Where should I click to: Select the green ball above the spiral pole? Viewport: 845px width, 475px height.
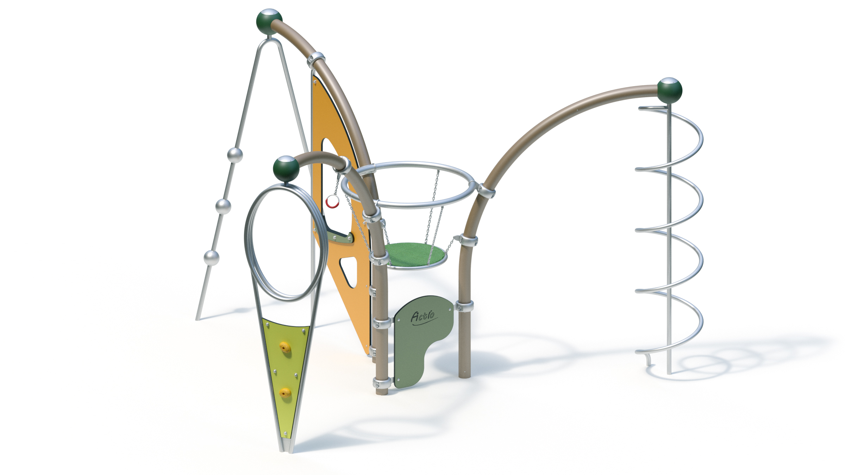coord(669,90)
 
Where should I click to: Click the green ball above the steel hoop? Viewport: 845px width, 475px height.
coord(286,169)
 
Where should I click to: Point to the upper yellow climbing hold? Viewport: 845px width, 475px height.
coord(285,347)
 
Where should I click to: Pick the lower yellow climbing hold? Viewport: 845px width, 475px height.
coord(285,392)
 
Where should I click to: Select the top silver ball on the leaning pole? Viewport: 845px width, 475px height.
coord(235,155)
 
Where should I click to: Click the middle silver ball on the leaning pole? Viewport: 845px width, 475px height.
coord(223,206)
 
